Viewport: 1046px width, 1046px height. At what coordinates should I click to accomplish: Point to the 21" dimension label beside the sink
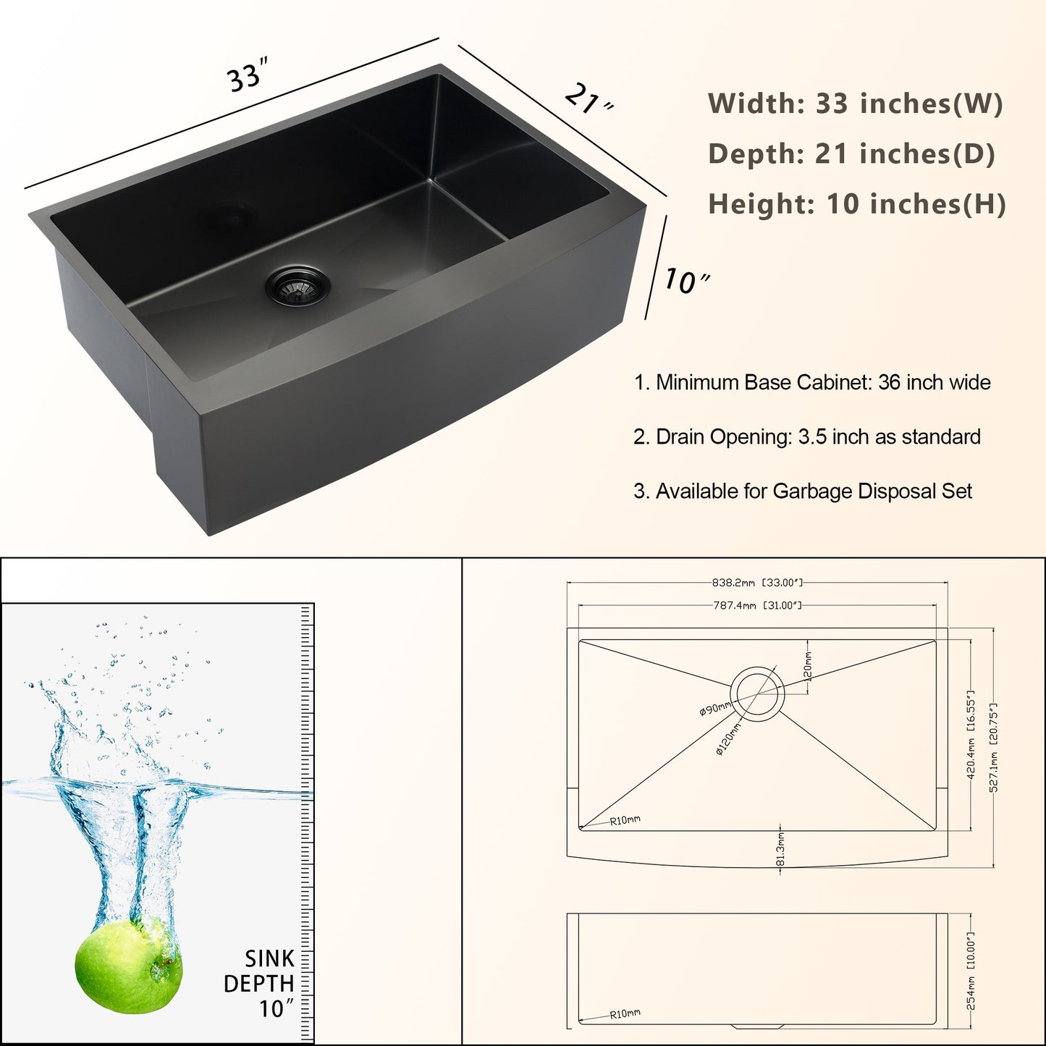pos(589,101)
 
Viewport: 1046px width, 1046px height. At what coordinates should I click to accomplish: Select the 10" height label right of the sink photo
pos(687,281)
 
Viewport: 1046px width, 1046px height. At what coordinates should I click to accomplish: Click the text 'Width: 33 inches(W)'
pos(855,104)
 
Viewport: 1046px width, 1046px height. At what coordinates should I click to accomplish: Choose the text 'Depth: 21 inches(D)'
pos(852,153)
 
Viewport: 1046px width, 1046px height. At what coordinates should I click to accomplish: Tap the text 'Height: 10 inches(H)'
pos(857,204)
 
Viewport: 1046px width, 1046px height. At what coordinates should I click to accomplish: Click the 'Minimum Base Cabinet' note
pos(812,383)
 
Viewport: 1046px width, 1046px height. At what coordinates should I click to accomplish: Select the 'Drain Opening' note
pos(806,437)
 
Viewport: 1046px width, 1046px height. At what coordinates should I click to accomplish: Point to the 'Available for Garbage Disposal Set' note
pos(802,492)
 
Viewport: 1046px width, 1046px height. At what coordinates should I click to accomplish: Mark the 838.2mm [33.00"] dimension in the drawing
pos(757,583)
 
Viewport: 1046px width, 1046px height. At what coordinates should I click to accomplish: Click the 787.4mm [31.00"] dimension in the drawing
pos(757,605)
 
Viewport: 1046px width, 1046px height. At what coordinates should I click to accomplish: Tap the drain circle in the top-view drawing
pos(757,693)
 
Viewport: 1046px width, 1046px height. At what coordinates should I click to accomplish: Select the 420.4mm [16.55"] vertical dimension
pos(971,735)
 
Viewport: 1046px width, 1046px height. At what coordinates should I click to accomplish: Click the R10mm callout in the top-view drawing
pos(625,820)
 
